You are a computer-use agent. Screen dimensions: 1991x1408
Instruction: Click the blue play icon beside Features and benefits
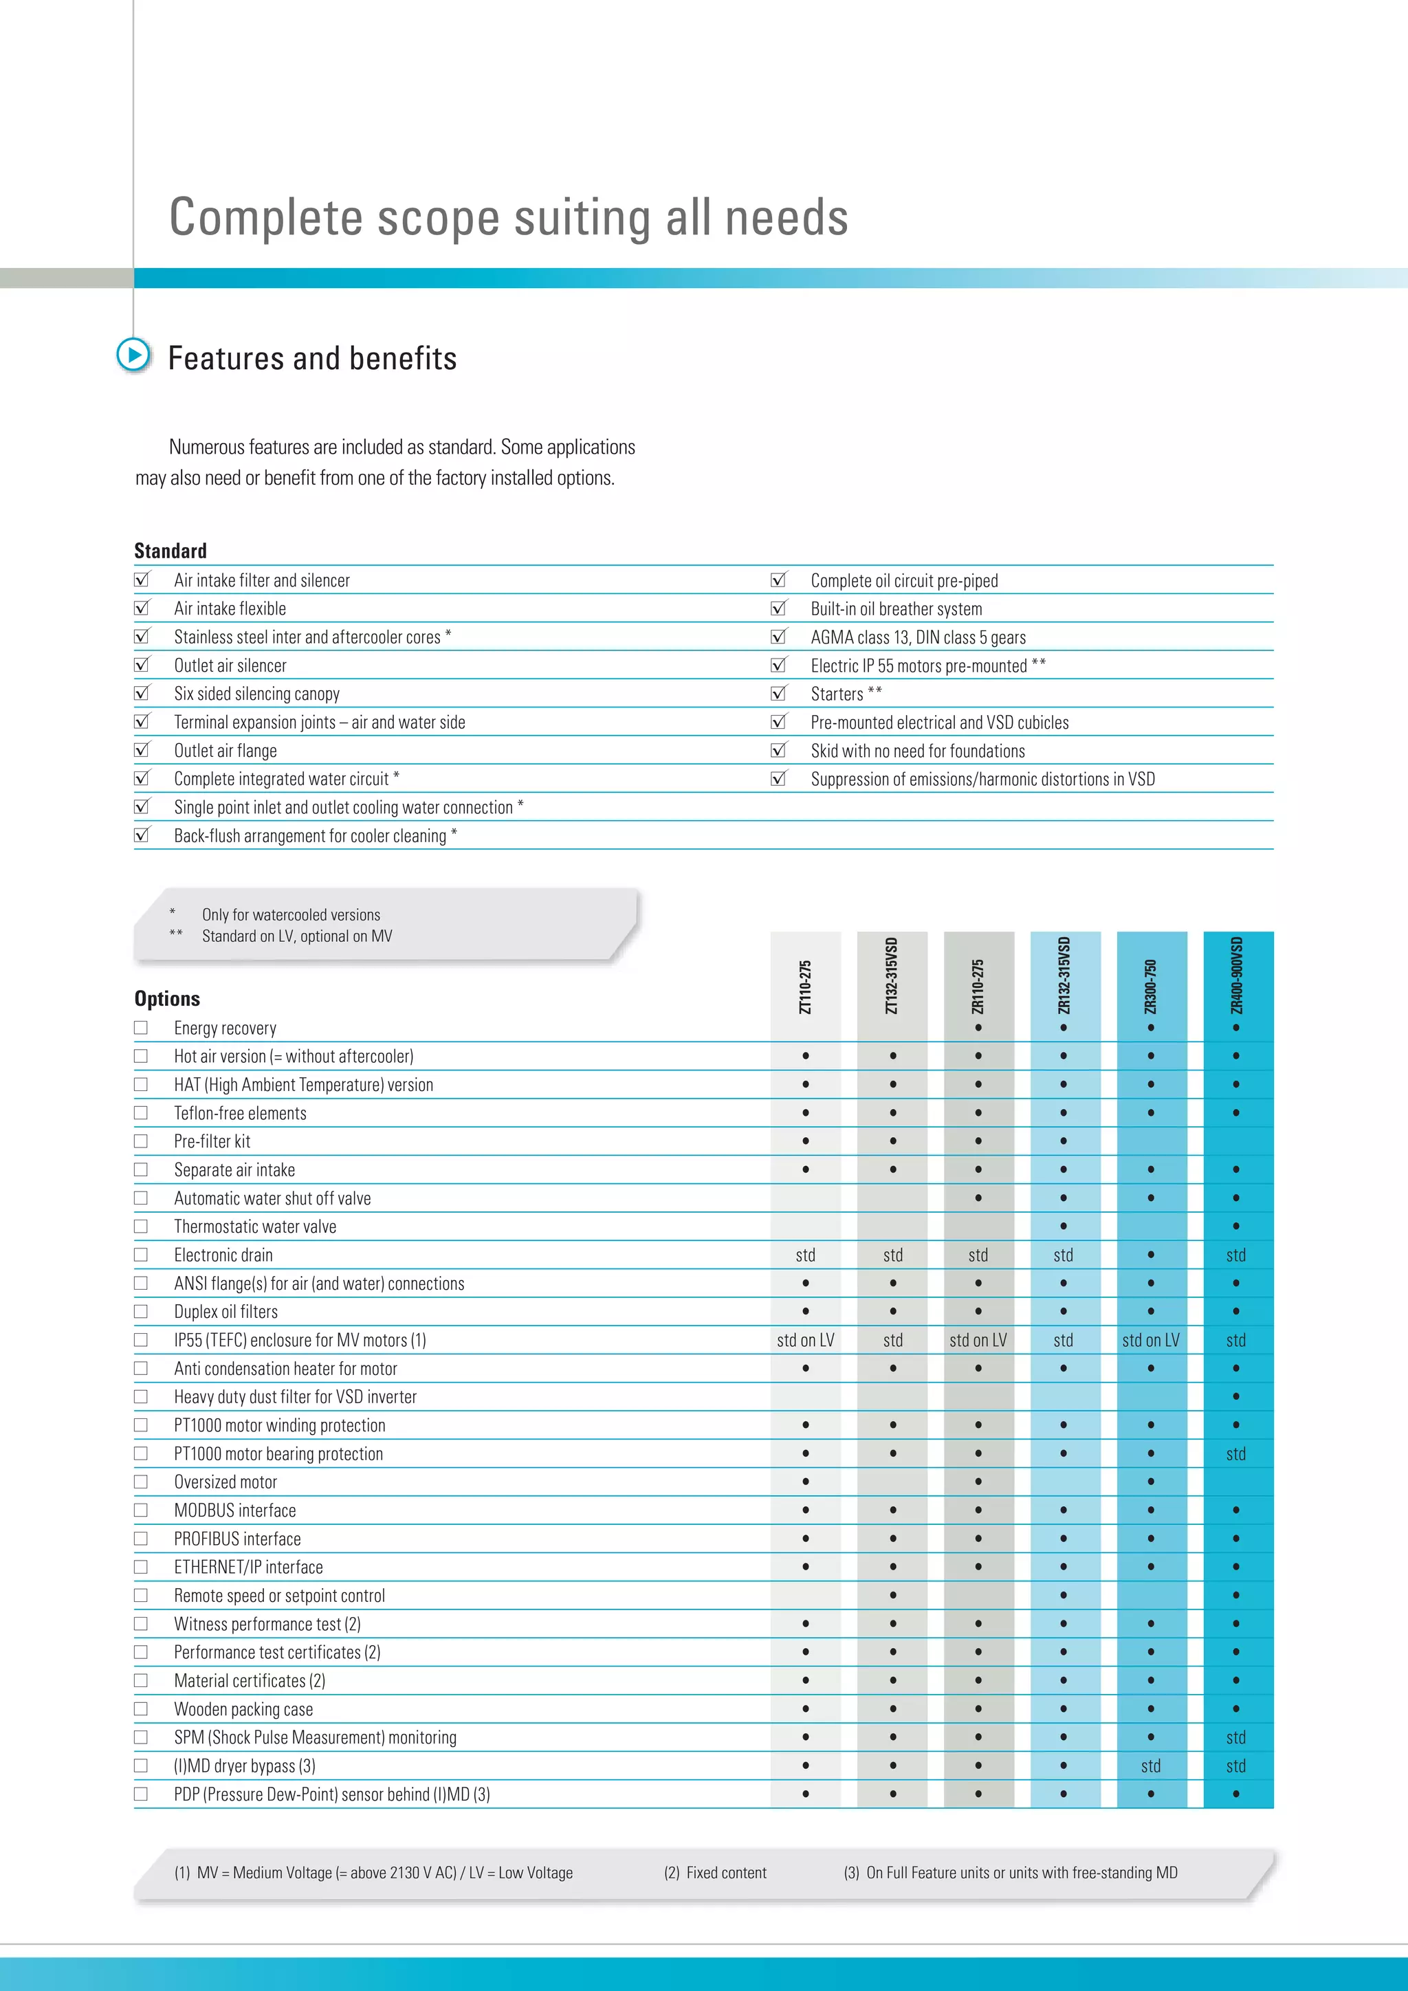click(133, 355)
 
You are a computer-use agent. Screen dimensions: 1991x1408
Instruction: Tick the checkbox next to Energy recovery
click(140, 1028)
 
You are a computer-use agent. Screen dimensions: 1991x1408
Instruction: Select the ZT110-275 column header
click(806, 987)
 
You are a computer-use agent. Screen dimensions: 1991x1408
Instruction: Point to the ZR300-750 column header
click(1150, 987)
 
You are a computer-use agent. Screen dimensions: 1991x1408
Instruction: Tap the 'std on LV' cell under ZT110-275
click(806, 1340)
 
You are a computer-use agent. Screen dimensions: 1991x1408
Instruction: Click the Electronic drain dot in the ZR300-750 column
click(1150, 1255)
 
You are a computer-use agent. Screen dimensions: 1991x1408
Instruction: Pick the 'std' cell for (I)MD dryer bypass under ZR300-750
click(1150, 1765)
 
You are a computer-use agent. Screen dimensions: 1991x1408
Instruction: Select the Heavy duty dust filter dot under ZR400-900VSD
click(1236, 1397)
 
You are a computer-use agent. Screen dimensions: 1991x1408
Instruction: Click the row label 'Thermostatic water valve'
click(255, 1226)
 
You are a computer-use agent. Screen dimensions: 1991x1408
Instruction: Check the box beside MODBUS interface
click(140, 1510)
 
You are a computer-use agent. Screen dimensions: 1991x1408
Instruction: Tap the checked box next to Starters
click(778, 693)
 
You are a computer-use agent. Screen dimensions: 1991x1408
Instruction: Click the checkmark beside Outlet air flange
click(142, 749)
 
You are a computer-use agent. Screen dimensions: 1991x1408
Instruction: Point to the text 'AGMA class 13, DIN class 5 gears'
click(918, 637)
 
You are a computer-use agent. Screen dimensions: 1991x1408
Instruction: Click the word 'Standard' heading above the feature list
click(170, 551)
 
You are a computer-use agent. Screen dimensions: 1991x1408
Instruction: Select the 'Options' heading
click(167, 998)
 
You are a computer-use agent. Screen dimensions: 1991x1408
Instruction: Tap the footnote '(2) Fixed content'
click(715, 1872)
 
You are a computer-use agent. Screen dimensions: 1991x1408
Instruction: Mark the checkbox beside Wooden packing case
click(140, 1708)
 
